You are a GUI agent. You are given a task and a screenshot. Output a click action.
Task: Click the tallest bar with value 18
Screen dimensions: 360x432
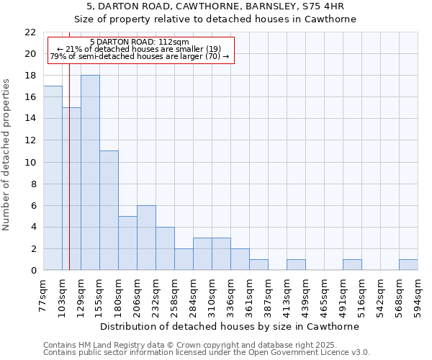(90, 173)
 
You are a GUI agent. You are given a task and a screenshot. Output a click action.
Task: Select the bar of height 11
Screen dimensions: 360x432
(109, 210)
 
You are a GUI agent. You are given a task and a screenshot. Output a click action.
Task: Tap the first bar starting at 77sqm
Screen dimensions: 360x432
(53, 178)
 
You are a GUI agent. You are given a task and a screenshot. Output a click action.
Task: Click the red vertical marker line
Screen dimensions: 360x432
(69, 180)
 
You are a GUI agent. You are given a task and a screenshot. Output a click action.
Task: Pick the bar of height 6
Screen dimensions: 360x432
(146, 238)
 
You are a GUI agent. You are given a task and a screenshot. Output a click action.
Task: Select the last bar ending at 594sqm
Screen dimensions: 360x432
(408, 264)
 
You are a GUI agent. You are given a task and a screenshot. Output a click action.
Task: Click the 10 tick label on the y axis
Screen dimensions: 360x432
(30, 162)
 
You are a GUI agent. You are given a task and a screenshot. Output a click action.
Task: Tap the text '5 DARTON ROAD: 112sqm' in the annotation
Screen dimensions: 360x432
(141, 42)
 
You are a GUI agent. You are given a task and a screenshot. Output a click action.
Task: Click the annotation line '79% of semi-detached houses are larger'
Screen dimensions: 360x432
(140, 56)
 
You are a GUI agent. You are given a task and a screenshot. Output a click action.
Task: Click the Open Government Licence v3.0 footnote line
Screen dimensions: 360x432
(207, 353)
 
